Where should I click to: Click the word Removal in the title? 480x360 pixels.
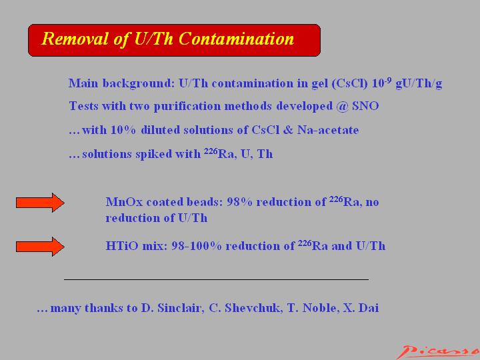point(75,39)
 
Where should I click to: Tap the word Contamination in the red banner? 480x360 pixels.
point(236,39)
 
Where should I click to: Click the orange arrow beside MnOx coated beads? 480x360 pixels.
point(40,203)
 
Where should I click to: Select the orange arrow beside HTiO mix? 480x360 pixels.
point(40,247)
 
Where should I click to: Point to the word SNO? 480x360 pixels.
point(365,106)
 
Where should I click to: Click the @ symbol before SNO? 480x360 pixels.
point(342,107)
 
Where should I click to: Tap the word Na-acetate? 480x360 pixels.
point(328,130)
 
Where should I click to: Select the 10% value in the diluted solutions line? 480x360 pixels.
point(123,130)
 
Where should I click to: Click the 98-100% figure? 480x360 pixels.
point(197,246)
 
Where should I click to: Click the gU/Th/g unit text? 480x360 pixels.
point(419,83)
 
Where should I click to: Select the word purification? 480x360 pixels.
point(187,107)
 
